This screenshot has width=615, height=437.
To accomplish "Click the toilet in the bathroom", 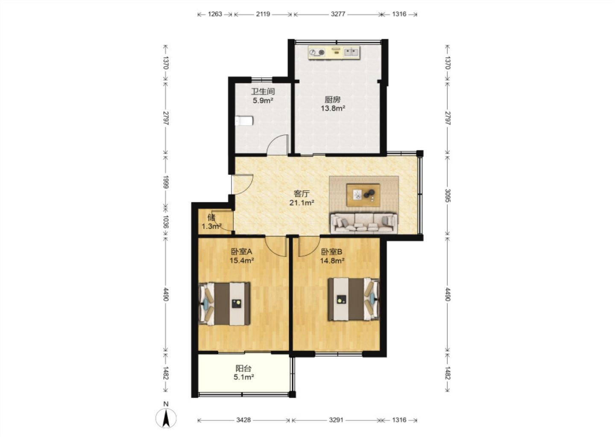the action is point(244,121).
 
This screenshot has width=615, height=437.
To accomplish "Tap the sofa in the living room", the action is point(364,223).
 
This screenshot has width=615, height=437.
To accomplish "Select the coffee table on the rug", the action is point(363,195).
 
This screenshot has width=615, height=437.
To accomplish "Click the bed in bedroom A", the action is point(225,304).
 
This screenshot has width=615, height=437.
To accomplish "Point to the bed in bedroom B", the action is point(354,299).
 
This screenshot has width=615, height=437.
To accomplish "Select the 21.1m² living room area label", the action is point(302,203).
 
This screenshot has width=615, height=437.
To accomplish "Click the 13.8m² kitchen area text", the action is point(333,108).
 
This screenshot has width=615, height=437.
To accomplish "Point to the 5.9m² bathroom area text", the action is point(263,100).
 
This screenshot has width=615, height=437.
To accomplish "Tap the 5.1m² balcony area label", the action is point(243,377).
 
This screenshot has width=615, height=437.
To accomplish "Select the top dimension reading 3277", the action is point(338,14).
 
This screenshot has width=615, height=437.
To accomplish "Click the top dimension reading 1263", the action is point(215,14).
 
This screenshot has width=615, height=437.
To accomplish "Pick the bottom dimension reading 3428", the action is point(243,420).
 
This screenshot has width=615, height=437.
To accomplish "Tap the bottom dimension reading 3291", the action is point(336,420).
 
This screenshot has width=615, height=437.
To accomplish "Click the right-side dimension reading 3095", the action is point(448,195).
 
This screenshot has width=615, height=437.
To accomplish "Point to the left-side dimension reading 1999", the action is point(166,182).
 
